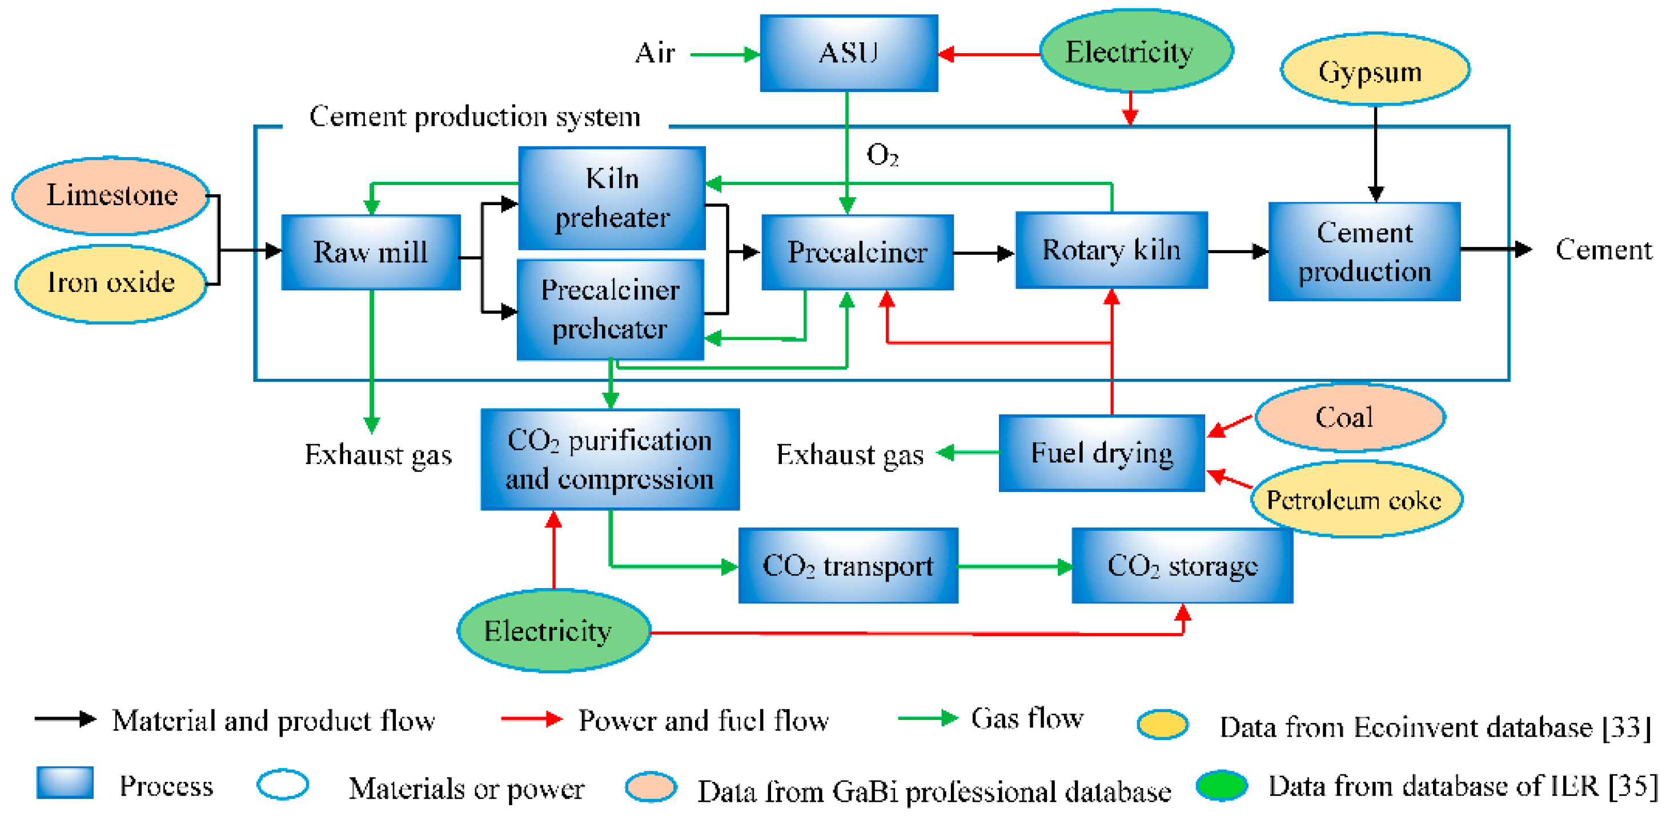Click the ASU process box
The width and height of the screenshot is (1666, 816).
click(x=849, y=53)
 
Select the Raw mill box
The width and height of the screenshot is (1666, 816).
click(x=371, y=252)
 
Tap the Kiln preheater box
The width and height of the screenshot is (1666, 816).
click(x=612, y=198)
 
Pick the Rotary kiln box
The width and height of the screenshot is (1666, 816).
click(x=1111, y=250)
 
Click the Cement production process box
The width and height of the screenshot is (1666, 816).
click(x=1364, y=252)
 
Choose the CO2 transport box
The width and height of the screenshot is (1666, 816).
click(x=848, y=566)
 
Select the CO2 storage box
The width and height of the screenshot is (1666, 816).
click(x=1182, y=566)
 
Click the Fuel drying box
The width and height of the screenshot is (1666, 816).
click(x=1101, y=453)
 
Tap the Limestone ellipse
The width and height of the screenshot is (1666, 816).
click(x=111, y=195)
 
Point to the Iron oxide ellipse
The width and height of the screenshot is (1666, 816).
click(x=111, y=283)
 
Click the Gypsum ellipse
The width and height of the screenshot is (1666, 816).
click(x=1375, y=70)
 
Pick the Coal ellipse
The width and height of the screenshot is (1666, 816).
click(x=1350, y=417)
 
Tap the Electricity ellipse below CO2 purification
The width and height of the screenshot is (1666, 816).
click(x=553, y=630)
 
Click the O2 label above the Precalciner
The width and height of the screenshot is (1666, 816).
click(x=882, y=155)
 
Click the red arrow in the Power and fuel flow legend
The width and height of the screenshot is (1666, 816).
click(x=532, y=719)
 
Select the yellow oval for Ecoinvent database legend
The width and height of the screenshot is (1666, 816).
click(x=1162, y=725)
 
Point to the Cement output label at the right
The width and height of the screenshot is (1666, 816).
click(x=1603, y=250)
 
